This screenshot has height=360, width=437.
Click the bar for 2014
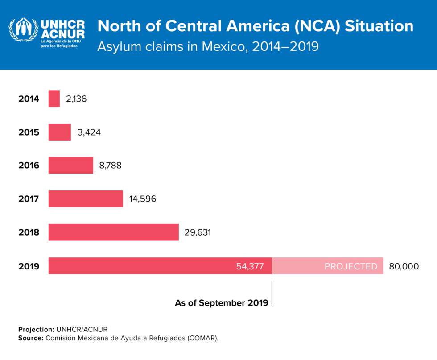(x=54, y=99)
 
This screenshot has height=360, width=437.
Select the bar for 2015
(x=59, y=132)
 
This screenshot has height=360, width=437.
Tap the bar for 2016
(x=70, y=166)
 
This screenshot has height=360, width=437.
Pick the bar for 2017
(x=85, y=199)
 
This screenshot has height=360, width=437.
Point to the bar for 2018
(x=113, y=232)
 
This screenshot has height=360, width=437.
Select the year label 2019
(x=29, y=267)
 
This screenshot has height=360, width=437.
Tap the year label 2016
(x=29, y=166)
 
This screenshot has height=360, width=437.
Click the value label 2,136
(x=76, y=99)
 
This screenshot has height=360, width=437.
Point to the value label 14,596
(x=143, y=199)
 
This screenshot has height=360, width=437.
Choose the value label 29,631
(x=198, y=232)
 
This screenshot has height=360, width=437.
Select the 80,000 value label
(x=404, y=267)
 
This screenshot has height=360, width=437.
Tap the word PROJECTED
(x=351, y=267)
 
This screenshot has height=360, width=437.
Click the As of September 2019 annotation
(x=221, y=303)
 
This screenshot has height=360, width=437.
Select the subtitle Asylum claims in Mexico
(x=208, y=46)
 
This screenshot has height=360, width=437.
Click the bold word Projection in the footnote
(x=36, y=329)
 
